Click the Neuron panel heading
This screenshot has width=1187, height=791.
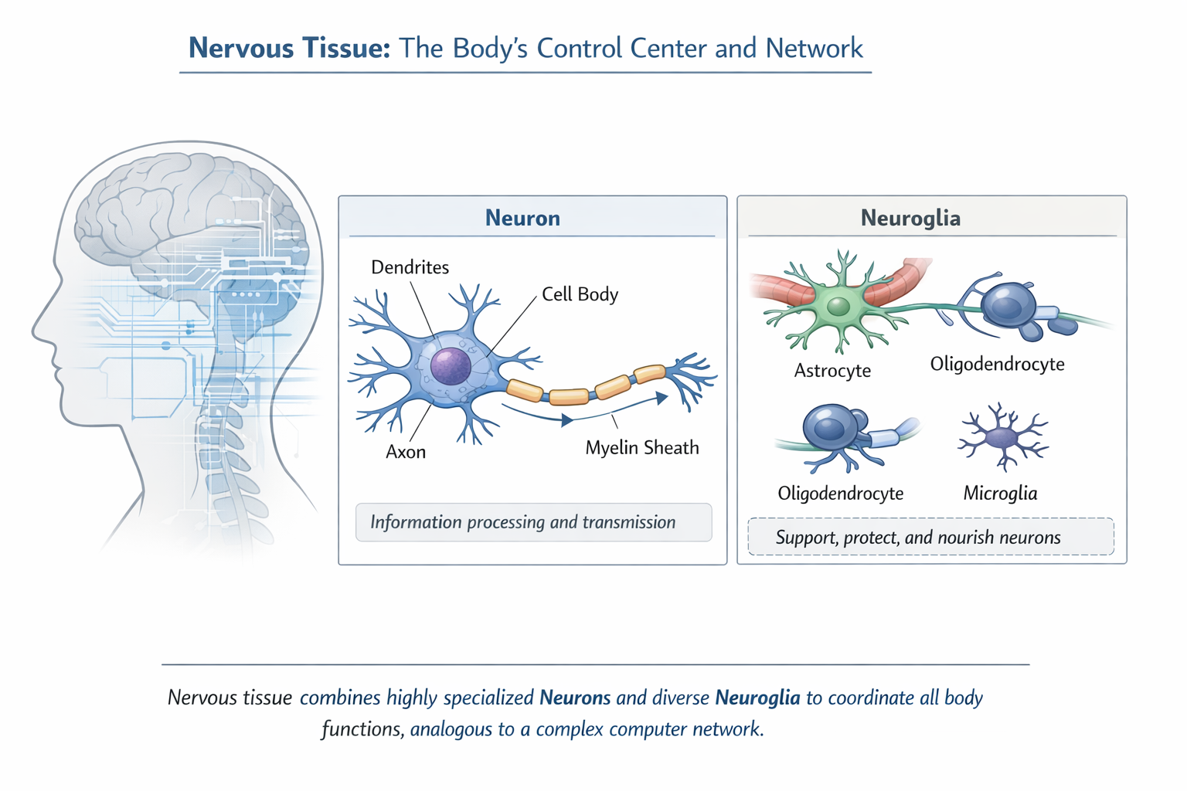(522, 218)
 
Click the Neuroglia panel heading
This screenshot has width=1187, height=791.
(910, 218)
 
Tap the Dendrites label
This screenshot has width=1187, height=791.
(410, 267)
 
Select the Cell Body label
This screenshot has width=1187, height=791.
(580, 294)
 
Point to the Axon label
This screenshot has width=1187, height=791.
(406, 452)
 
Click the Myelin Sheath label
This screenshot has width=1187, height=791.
(641, 448)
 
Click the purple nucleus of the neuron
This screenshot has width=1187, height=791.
(451, 366)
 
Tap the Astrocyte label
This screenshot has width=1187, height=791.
(832, 371)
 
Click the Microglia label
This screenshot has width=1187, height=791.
(1000, 494)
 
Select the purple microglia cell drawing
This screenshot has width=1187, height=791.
(1002, 438)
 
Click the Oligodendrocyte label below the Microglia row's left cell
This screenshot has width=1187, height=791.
(840, 494)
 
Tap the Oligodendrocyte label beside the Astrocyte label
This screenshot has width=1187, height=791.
(997, 364)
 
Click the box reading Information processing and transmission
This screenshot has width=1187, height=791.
(533, 522)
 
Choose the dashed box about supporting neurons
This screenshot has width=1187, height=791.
(930, 537)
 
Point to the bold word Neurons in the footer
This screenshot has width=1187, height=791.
(575, 698)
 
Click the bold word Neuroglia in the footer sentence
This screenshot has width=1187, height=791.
(757, 698)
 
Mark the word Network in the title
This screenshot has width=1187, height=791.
(814, 48)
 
